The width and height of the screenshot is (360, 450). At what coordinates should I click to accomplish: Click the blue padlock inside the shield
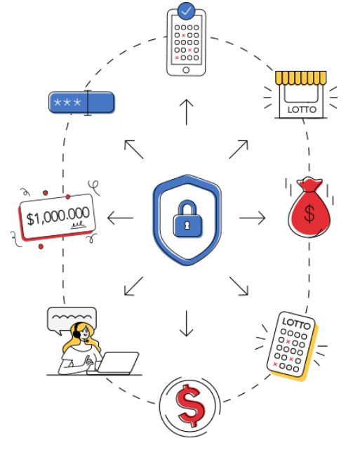pyautogui.click(x=187, y=219)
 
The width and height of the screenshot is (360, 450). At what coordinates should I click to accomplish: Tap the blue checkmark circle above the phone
pyautogui.click(x=186, y=11)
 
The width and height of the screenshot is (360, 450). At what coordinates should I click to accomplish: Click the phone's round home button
pyautogui.click(x=186, y=70)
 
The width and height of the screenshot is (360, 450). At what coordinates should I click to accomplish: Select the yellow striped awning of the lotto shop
pyautogui.click(x=300, y=78)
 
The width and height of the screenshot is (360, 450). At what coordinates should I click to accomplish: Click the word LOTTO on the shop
pyautogui.click(x=302, y=110)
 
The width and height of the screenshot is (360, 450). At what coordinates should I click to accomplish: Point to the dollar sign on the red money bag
pyautogui.click(x=309, y=214)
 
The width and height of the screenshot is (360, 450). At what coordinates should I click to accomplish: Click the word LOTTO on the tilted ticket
pyautogui.click(x=296, y=324)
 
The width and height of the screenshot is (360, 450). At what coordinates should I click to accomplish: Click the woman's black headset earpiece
pyautogui.click(x=76, y=333)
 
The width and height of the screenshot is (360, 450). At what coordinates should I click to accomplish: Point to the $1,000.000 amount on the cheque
pyautogui.click(x=58, y=216)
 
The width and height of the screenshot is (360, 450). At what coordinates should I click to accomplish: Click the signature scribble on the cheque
pyautogui.click(x=79, y=225)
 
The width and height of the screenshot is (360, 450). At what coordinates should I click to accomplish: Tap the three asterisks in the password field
pyautogui.click(x=67, y=102)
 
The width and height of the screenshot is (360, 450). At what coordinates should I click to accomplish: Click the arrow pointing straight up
pyautogui.click(x=187, y=112)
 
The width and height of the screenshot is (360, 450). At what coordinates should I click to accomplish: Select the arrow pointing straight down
pyautogui.click(x=187, y=324)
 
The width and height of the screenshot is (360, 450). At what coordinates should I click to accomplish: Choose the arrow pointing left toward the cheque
pyautogui.click(x=120, y=218)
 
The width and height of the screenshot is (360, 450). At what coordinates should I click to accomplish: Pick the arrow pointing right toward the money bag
pyautogui.click(x=253, y=218)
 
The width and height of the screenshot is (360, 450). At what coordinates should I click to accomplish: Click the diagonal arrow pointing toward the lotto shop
pyautogui.click(x=239, y=150)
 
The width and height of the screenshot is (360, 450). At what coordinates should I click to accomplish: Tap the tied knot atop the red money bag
pyautogui.click(x=309, y=183)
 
